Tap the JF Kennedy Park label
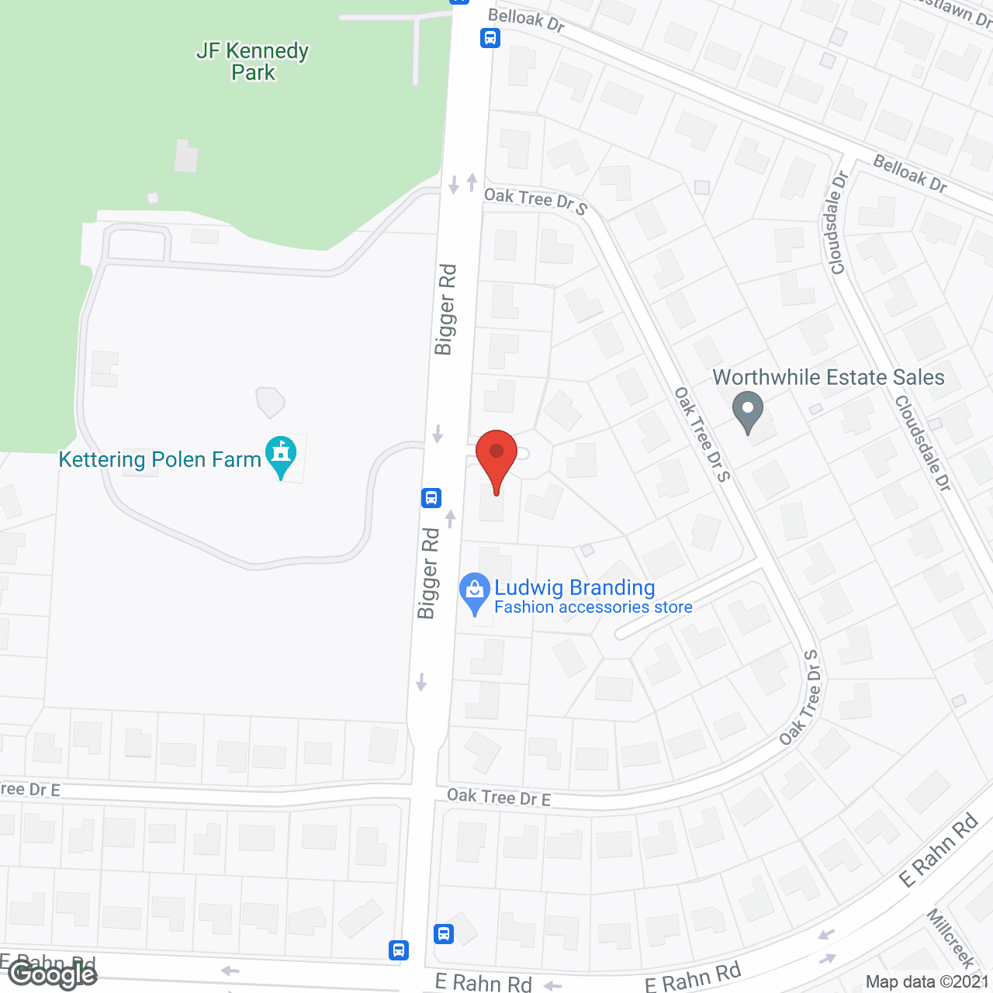[253, 62]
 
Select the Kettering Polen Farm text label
[160, 459]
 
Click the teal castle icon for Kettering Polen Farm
[281, 456]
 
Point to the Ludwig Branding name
[575, 587]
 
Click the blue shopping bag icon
[474, 593]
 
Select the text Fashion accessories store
[593, 607]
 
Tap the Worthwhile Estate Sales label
[829, 377]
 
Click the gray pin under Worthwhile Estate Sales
[748, 411]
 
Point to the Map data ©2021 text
[928, 982]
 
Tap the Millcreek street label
[950, 939]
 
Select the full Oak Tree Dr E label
[499, 797]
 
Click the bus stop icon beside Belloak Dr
[490, 37]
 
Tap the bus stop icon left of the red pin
[431, 498]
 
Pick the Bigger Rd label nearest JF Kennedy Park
[445, 310]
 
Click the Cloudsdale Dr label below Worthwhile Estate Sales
[922, 443]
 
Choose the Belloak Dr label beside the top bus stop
[526, 20]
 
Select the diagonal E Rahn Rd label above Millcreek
[939, 851]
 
